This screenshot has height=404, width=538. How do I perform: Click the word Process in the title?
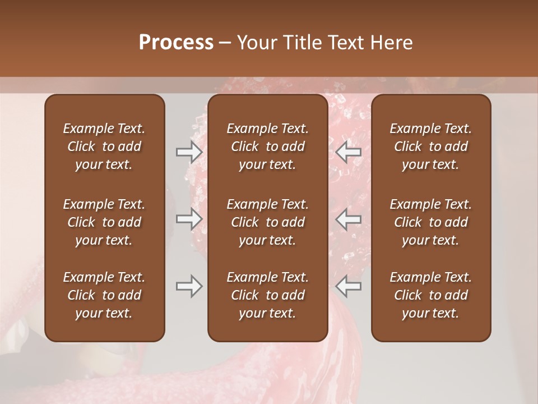(176, 43)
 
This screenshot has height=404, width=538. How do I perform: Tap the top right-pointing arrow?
(189, 152)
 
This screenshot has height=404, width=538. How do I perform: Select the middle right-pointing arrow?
(189, 219)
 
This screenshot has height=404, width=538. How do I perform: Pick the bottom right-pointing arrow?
(189, 287)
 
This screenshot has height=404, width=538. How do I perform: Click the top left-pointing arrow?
(348, 152)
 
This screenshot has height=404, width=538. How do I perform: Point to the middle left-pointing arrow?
(348, 219)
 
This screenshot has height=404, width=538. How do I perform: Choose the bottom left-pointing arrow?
(348, 287)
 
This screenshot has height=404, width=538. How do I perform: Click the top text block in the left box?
(104, 146)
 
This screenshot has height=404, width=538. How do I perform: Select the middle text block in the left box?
(104, 222)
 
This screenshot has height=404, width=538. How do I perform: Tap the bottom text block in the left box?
(104, 295)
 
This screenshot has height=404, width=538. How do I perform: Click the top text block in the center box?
(268, 146)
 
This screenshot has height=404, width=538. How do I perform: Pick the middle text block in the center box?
(268, 222)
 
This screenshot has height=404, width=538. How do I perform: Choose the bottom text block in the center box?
(268, 295)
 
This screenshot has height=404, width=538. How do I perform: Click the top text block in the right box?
(431, 146)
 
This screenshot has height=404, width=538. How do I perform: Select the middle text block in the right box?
(431, 222)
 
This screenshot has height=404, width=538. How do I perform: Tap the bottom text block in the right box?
(431, 295)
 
